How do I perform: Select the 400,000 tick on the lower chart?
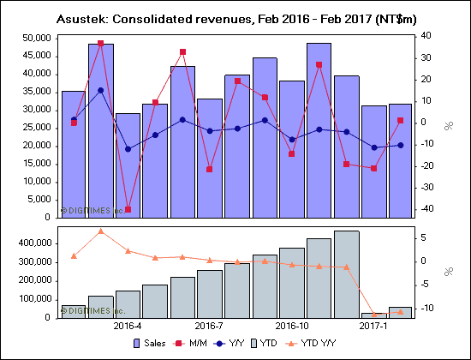click(x=32, y=243)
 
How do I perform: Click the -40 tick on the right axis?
click(x=425, y=209)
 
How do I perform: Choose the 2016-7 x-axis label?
click(x=209, y=327)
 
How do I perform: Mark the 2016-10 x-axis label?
click(x=292, y=327)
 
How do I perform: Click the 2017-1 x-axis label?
click(x=373, y=327)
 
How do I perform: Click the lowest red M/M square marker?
click(x=128, y=209)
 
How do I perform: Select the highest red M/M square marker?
click(x=100, y=43)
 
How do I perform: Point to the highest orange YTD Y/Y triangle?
click(x=100, y=231)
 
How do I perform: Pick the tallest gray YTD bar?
click(x=347, y=274)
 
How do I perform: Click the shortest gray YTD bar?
click(x=374, y=315)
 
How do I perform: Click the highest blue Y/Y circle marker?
click(x=100, y=90)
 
